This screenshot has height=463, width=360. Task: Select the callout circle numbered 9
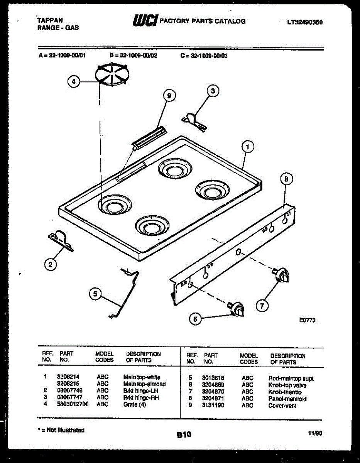[169, 95]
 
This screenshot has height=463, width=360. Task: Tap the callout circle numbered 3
[213, 91]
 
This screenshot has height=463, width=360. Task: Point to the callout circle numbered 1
[248, 147]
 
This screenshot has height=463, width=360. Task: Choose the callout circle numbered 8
[286, 179]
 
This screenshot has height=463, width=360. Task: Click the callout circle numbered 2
[49, 264]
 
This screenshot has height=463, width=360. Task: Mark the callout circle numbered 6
[195, 319]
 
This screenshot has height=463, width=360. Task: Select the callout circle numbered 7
[262, 306]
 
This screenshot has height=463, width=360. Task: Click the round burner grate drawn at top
[112, 74]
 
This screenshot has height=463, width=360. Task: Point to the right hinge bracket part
[194, 120]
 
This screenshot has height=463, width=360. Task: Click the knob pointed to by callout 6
[236, 309]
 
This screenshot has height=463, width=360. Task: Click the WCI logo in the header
[145, 21]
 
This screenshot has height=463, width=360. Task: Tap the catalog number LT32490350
[305, 22]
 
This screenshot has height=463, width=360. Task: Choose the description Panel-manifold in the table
[287, 399]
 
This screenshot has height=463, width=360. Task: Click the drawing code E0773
[307, 320]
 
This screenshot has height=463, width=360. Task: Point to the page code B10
[184, 435]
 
